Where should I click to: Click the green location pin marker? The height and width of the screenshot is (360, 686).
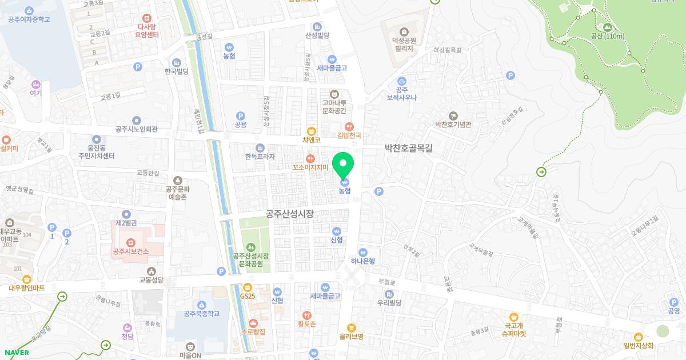344,165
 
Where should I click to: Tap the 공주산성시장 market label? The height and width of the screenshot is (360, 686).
290,214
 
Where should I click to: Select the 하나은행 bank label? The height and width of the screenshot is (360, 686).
363,261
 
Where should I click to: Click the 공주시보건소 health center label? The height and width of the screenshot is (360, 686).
131,251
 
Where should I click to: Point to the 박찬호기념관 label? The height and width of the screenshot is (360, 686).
453,124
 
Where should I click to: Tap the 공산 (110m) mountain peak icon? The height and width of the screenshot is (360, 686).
607,27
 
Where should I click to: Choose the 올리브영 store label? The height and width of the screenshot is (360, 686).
352,336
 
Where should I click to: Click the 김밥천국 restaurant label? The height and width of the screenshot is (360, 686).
349,135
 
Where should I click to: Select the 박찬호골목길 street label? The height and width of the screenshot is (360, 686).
409,148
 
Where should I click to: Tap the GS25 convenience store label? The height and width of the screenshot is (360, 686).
248,295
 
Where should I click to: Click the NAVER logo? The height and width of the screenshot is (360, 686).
16,353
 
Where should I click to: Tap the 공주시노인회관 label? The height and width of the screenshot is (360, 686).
136,129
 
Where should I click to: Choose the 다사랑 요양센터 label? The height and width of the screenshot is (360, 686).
147,30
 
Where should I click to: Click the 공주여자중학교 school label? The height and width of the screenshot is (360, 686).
29,19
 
